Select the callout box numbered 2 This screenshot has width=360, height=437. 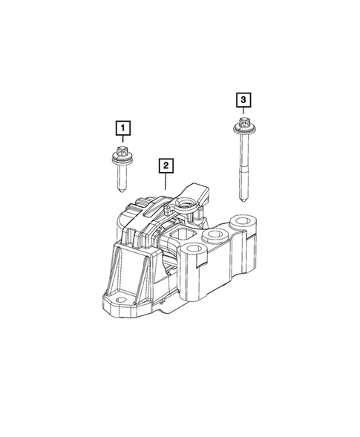point(164,165)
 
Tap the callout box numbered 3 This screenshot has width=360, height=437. point(243,99)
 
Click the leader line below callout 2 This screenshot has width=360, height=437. point(164,179)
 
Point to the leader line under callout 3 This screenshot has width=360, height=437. point(243,111)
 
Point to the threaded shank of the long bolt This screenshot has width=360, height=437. point(243,167)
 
